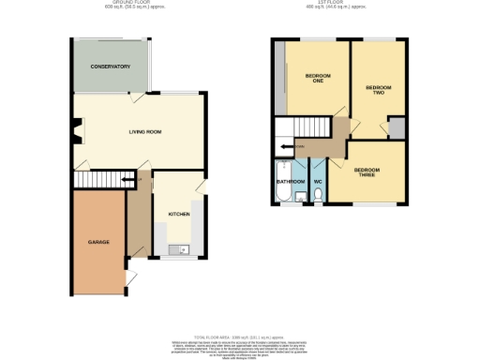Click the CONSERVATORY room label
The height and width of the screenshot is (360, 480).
click(110, 67)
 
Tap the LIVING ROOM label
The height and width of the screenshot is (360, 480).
click(145, 132)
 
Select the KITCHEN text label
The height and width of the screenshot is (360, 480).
click(178, 214)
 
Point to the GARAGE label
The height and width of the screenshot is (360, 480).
click(98, 242)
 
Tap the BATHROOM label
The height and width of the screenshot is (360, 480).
click(289, 180)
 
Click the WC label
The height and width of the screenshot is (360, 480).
click(318, 180)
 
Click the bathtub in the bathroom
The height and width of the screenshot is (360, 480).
click(282, 195)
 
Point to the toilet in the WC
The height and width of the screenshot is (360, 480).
click(319, 195)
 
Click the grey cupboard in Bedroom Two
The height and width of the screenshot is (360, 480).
click(397, 129)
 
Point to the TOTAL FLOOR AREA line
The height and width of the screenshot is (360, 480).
click(239, 335)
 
